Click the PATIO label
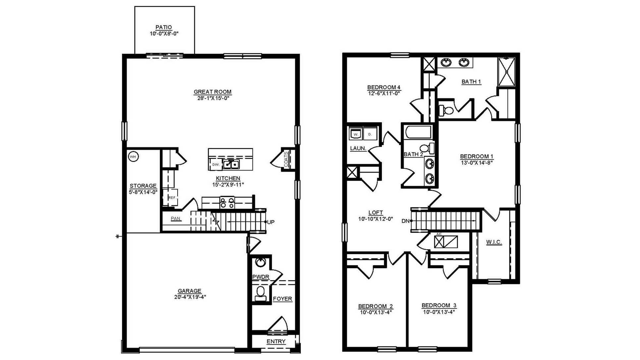[x=164, y=27]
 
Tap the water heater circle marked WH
[x=133, y=157]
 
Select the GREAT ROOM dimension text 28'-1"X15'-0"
[x=213, y=98]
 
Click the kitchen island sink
[x=231, y=164]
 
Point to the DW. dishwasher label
[x=216, y=165]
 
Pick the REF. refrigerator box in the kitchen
[x=172, y=197]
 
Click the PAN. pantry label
[x=176, y=219]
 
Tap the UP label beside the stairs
[x=271, y=222]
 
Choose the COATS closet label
[x=286, y=159]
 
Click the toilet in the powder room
[x=261, y=293]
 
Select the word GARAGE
[x=189, y=291]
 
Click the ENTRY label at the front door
[x=276, y=341]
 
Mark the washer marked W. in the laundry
[x=356, y=134]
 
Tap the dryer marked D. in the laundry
[x=370, y=134]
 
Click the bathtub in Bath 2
[x=418, y=132]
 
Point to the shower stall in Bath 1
[x=507, y=72]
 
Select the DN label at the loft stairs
[x=405, y=221]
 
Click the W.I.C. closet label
[x=494, y=242]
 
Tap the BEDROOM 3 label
[x=439, y=305]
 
